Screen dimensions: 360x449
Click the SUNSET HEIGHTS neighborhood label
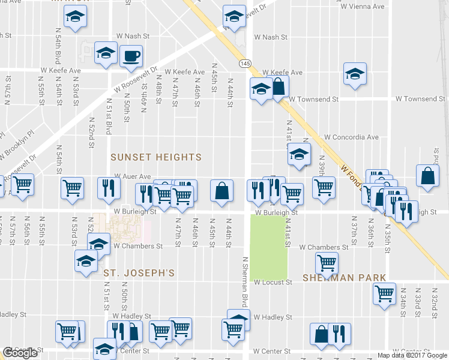pos(156,157)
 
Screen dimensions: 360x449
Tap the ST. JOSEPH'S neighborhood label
pos(139,273)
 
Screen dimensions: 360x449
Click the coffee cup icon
pos(131,56)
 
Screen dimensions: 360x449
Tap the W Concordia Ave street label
pos(351,137)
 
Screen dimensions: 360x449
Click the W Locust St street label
pos(273,282)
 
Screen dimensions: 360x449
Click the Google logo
pos(20,353)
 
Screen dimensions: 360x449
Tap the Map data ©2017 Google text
pos(412,355)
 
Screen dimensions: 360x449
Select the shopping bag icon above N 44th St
pos(221,190)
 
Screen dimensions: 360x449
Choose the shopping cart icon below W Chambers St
pos(327,262)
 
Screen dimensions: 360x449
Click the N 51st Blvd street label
pos(109,116)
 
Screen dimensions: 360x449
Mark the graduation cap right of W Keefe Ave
pos(355,74)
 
